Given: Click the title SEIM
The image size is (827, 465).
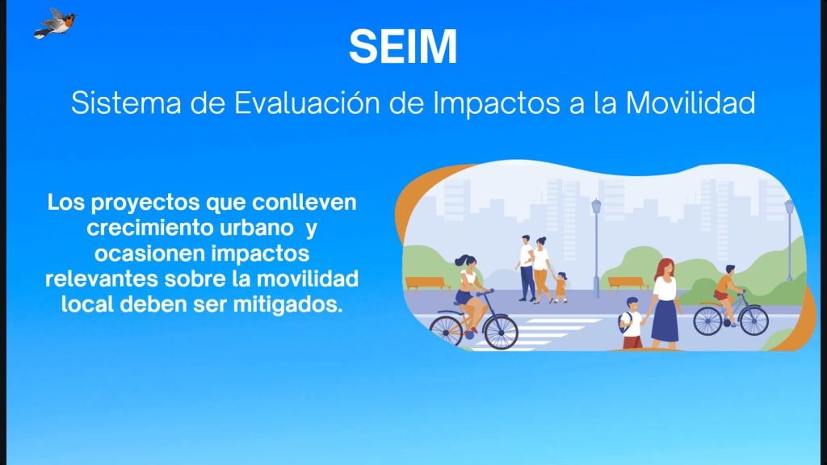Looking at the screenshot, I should click(403, 47).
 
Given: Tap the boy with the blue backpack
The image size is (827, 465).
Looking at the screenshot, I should click(633, 322).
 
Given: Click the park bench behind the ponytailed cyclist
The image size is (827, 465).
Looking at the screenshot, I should click(427, 283).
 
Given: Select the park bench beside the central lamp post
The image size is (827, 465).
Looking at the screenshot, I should click(628, 283).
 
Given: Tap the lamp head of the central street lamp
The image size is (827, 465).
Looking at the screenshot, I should click(596, 206).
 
